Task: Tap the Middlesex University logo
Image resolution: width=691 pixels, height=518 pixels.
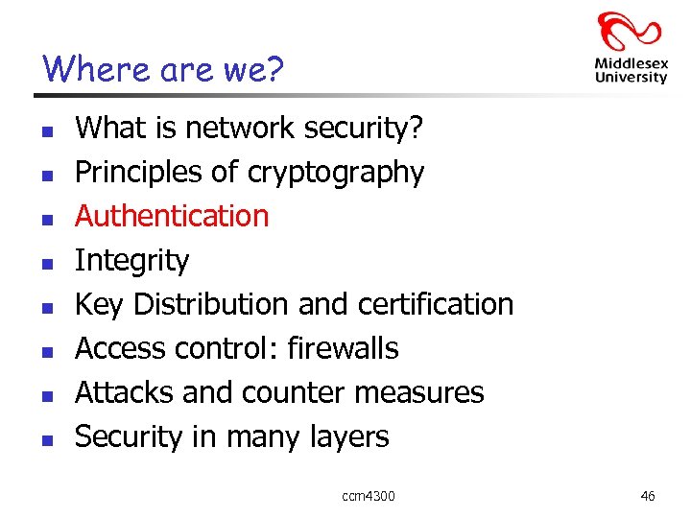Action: pos(630,48)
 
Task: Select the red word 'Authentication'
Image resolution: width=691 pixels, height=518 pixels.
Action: pos(172,216)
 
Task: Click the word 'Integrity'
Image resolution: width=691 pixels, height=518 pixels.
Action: pos(132,260)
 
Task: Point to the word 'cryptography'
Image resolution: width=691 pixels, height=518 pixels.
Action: pos(335,173)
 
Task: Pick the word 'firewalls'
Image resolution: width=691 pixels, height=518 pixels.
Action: pos(343,347)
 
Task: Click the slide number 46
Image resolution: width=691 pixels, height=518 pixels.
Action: pos(648,496)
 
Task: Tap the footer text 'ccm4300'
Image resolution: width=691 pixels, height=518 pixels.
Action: pos(368,496)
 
